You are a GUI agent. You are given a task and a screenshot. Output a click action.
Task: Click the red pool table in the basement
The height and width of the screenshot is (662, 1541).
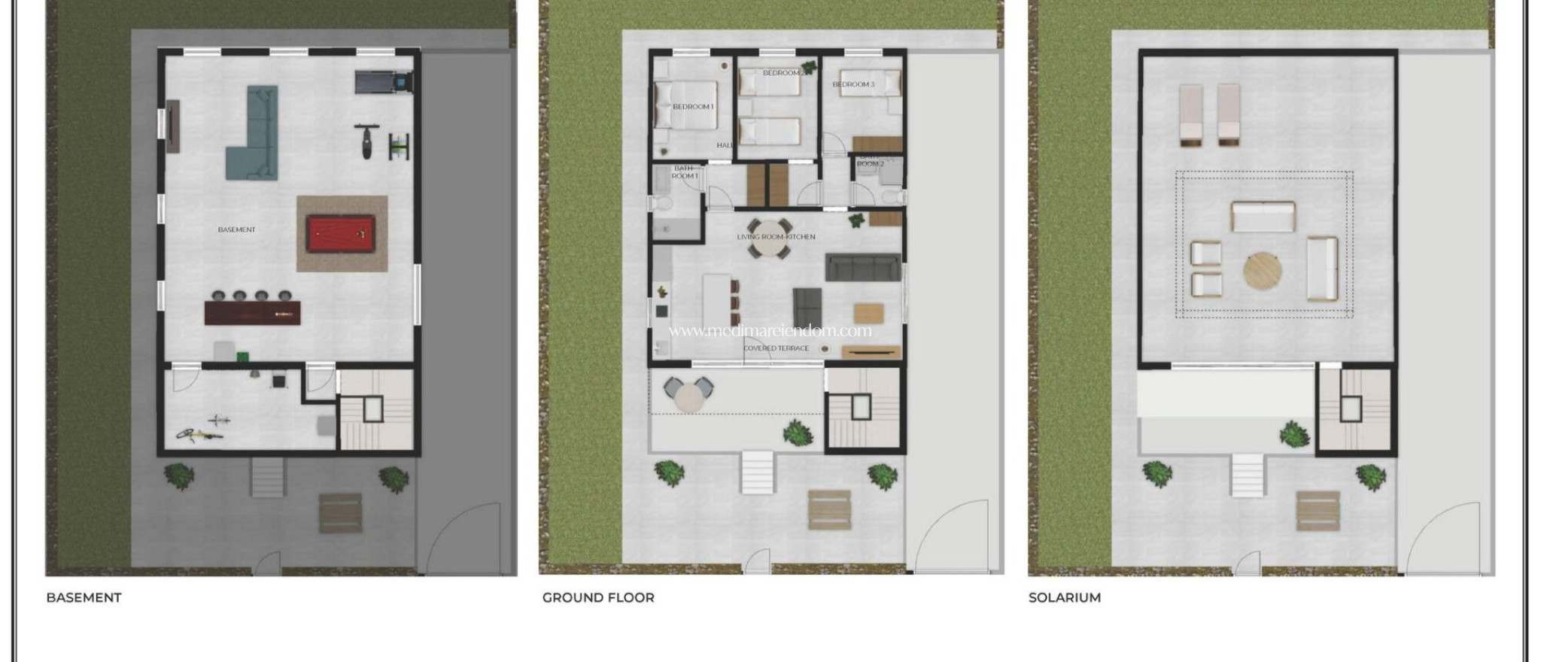[x=342, y=234]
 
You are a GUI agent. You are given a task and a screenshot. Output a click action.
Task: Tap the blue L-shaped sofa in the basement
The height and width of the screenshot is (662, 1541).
[x=254, y=143]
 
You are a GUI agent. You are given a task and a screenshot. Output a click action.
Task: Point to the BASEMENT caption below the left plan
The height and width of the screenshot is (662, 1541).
[x=84, y=597]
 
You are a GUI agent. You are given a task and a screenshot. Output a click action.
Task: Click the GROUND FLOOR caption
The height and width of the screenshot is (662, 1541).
[x=598, y=597]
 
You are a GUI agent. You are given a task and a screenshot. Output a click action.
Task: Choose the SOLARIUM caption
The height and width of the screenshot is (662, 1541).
[x=1064, y=597]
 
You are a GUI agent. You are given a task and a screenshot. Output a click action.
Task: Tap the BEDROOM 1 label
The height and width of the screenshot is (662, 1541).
[x=693, y=107]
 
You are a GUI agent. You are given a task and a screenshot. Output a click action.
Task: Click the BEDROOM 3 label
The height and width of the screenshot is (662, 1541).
[x=853, y=84]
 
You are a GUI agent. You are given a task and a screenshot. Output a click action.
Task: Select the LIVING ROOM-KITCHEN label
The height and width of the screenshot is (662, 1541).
[x=776, y=237]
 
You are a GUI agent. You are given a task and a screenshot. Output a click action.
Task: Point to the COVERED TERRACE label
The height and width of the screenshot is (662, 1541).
[x=776, y=348]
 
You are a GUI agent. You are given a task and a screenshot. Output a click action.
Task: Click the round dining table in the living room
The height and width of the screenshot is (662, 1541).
[x=769, y=238]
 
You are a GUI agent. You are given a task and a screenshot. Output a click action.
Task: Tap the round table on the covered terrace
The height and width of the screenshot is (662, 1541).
[x=688, y=395]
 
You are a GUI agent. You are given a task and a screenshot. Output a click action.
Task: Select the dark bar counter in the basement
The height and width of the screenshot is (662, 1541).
[x=252, y=312]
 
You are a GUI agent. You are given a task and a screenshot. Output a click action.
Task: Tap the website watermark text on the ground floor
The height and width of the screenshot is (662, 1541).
[x=770, y=331]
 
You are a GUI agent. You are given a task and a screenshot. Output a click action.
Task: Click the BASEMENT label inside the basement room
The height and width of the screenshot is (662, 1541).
[x=236, y=229]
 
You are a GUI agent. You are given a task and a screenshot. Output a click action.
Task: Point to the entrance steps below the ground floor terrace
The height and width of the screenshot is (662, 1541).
[x=757, y=472]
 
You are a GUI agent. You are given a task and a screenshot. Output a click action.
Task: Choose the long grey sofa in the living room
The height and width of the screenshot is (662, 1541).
[x=862, y=267]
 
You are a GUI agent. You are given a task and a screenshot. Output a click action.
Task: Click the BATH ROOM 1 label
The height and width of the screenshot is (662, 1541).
[x=684, y=172]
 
